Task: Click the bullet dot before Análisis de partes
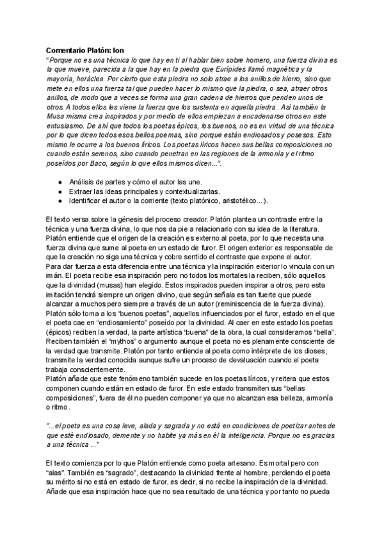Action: coord(60,182)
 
